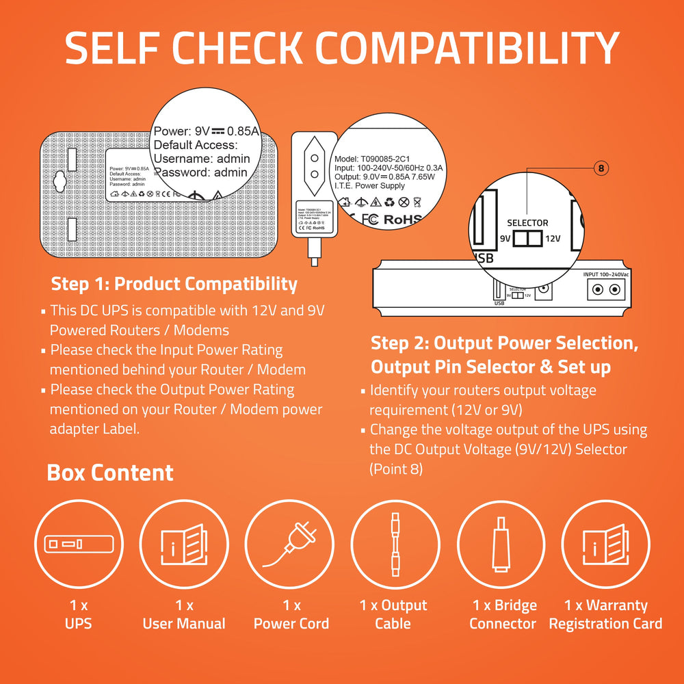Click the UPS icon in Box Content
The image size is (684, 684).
pyautogui.click(x=78, y=545)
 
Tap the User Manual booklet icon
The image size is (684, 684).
pyautogui.click(x=183, y=545)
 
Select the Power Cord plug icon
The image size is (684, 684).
pyautogui.click(x=289, y=545)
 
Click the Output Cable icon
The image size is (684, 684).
pyautogui.click(x=395, y=545)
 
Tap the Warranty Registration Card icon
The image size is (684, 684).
pyautogui.click(x=605, y=545)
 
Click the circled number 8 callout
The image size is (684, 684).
pyautogui.click(x=601, y=168)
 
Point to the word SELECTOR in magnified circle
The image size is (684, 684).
pyautogui.click(x=527, y=223)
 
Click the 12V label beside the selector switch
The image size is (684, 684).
pyautogui.click(x=553, y=239)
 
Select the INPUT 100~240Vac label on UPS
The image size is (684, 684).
pyautogui.click(x=606, y=274)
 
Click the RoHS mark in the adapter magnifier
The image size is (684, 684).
pyautogui.click(x=403, y=220)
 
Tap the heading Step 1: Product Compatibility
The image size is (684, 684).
pyautogui.click(x=174, y=284)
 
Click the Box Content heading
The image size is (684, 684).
pyautogui.click(x=110, y=473)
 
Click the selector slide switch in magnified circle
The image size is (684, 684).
pyautogui.click(x=527, y=239)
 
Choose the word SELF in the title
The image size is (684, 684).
pyautogui.click(x=109, y=49)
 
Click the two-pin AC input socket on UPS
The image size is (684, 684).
pyautogui.click(x=606, y=289)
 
